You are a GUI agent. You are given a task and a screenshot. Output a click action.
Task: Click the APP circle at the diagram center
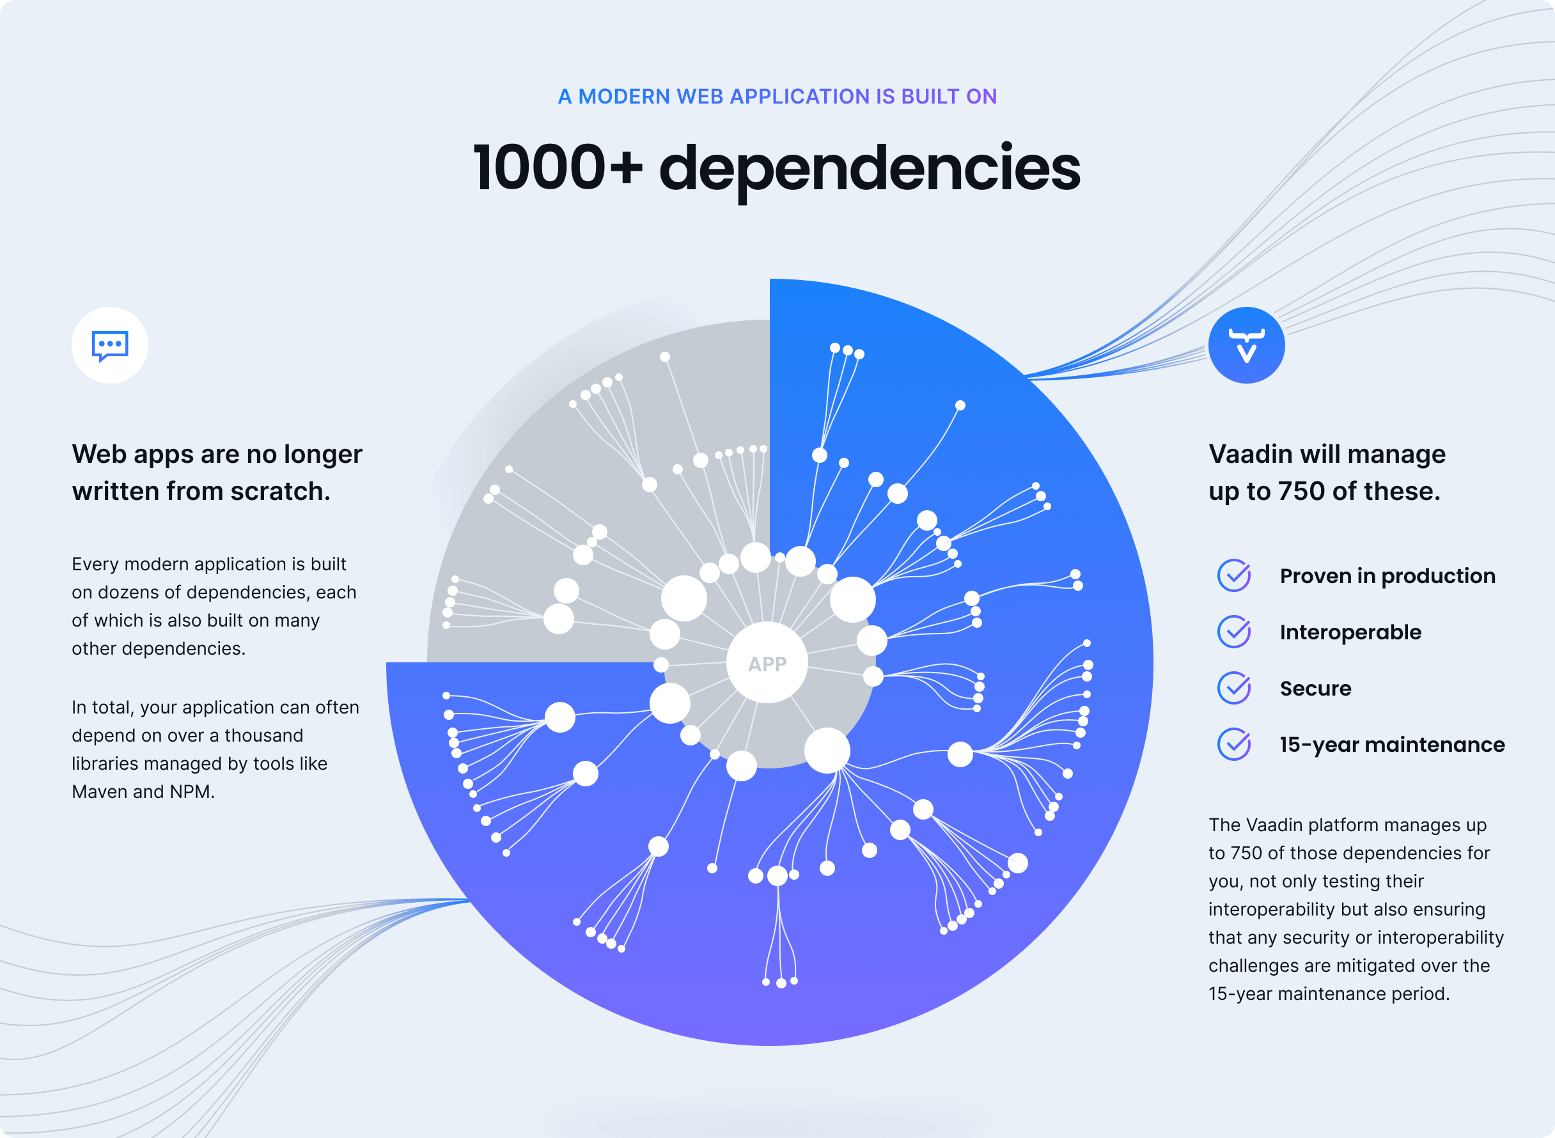coord(767,663)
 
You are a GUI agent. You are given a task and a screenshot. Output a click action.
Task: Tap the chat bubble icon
coord(109,345)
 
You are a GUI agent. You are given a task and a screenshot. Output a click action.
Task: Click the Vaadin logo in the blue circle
coord(1246,345)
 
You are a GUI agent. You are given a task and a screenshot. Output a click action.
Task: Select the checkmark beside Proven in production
coord(1234,575)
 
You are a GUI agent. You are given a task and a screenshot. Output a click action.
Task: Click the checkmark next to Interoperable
coord(1234,632)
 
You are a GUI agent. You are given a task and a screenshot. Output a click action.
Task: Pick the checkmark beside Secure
coord(1234,688)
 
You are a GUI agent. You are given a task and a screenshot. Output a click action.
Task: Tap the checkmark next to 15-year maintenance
coord(1234,744)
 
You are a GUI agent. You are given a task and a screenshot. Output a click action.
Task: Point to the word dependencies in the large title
coord(870,171)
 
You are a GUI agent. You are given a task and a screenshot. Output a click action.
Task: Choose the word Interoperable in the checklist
coord(1350,632)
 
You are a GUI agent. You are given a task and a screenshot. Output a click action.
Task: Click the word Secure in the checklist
coord(1315,688)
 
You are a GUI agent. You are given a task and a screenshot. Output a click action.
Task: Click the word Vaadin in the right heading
coord(1251,454)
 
